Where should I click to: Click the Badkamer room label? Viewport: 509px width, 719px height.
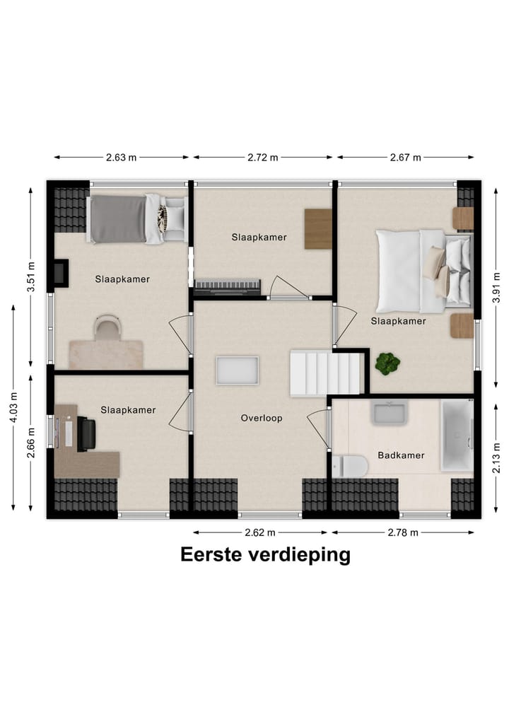coord(401,455)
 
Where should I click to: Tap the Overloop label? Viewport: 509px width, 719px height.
coord(262,418)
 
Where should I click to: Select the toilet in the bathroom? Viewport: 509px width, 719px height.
coord(350,466)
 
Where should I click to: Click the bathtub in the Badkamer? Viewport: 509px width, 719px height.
coord(457,436)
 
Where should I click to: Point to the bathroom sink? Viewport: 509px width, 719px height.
coord(389,412)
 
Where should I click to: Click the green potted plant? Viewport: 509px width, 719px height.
coord(387,363)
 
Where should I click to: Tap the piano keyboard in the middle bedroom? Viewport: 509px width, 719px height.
coord(227,286)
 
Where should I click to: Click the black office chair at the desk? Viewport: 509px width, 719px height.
coord(86,433)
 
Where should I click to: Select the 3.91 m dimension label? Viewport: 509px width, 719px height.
coord(497,289)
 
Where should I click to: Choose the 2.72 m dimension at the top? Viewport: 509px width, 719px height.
coord(262,158)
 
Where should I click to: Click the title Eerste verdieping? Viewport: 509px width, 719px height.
coord(265,555)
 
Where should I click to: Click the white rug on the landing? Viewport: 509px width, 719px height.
coord(238,370)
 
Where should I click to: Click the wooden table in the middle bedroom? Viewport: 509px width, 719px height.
coord(318,228)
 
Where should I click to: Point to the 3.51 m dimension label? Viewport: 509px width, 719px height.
coord(30,277)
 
